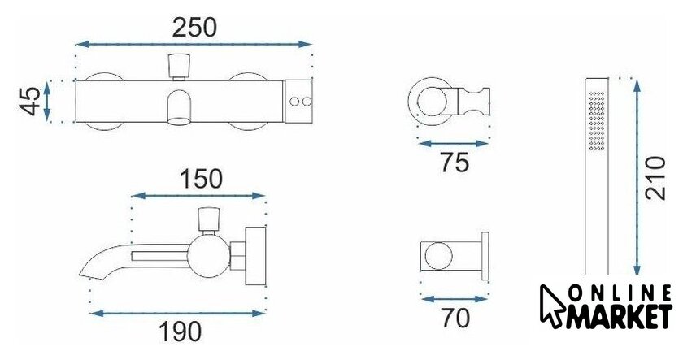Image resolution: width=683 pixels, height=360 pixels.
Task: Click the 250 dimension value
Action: click(194, 28)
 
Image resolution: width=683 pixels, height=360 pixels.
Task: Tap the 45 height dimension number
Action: click(30, 102)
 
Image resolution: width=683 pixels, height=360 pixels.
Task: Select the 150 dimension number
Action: click(202, 179)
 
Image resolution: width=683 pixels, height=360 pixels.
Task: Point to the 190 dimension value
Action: click(180, 332)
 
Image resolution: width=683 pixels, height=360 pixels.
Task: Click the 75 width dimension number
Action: click(455, 163)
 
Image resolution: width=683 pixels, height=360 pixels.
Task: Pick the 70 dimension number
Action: click(455, 319)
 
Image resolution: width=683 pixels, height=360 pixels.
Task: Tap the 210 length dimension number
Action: click(656, 179)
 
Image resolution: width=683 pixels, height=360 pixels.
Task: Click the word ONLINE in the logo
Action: click(620, 295)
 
